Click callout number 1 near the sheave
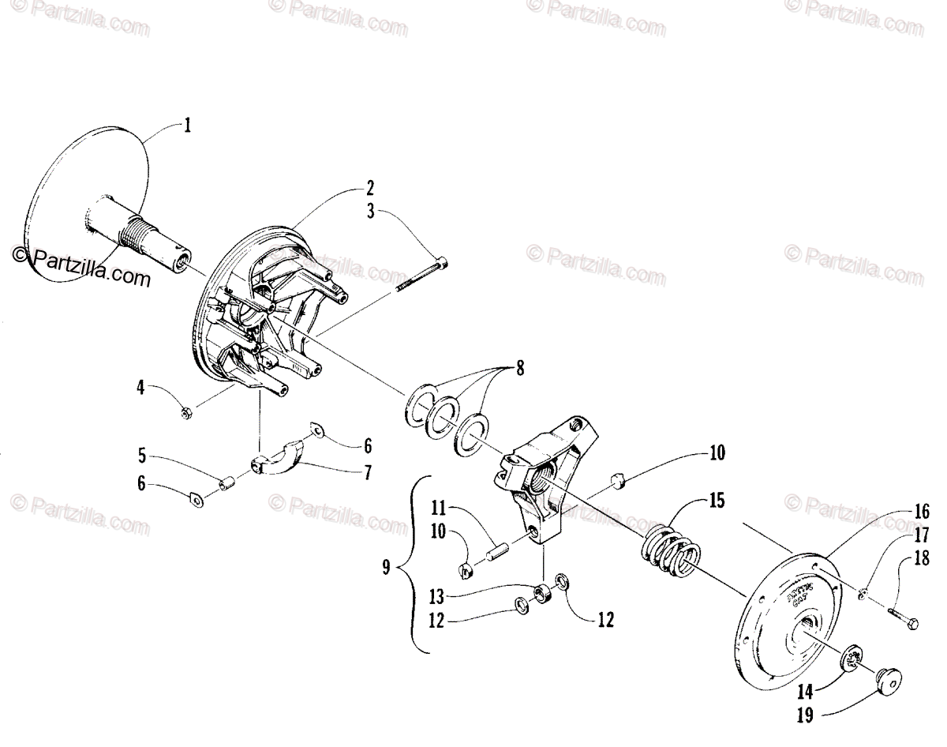click(x=188, y=126)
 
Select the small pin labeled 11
click(x=496, y=549)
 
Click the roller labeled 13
click(x=541, y=592)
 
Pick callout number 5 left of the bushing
click(x=141, y=456)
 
